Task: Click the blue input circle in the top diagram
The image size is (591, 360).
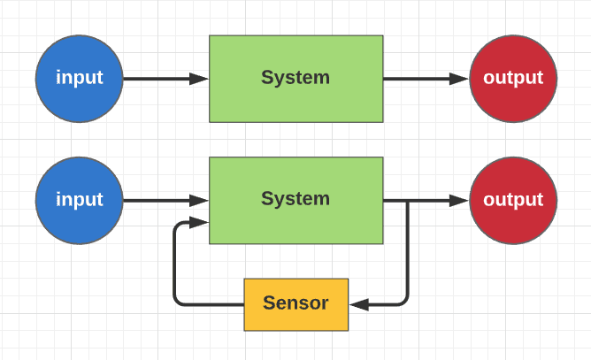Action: click(x=80, y=79)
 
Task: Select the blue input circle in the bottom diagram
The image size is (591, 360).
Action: click(x=80, y=201)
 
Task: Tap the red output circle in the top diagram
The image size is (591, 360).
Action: click(x=513, y=79)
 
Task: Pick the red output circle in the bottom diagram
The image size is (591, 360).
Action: click(x=513, y=201)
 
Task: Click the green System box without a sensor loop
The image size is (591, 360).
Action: click(x=296, y=79)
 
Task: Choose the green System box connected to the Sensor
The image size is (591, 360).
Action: click(x=296, y=201)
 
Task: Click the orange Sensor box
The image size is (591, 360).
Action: click(x=296, y=305)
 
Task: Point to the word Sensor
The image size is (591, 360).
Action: click(x=295, y=303)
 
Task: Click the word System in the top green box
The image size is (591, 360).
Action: click(x=295, y=78)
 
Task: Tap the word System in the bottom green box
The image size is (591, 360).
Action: click(x=295, y=199)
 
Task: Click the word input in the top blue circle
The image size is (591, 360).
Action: click(x=80, y=78)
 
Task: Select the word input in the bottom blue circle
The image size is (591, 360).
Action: click(x=80, y=199)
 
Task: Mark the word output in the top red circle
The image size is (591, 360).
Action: click(x=513, y=78)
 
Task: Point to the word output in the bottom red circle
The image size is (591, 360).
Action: click(x=513, y=200)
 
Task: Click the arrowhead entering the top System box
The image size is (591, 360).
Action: click(x=199, y=79)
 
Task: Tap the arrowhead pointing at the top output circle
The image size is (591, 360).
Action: click(x=459, y=79)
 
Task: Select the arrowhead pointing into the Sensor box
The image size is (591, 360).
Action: click(x=359, y=304)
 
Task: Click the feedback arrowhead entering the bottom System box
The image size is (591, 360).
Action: click(x=199, y=222)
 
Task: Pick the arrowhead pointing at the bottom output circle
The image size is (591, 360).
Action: click(x=459, y=201)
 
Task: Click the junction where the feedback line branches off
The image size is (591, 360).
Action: click(x=408, y=201)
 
